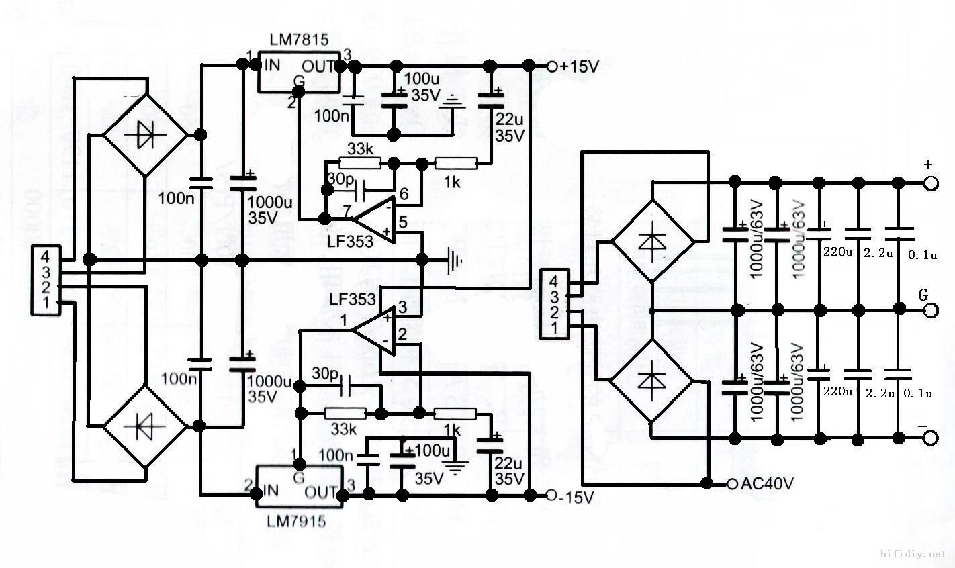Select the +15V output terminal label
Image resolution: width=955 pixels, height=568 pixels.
click(578, 67)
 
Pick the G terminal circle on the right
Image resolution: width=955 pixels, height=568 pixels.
click(931, 310)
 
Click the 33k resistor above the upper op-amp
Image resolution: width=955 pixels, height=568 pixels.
click(360, 163)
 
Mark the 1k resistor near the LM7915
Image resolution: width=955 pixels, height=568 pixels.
click(455, 414)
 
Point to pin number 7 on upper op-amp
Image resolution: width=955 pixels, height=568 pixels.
click(347, 212)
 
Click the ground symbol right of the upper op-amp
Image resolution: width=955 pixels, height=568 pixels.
click(455, 258)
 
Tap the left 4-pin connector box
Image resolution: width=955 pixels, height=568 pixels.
click(45, 281)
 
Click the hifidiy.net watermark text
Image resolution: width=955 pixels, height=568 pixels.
click(912, 554)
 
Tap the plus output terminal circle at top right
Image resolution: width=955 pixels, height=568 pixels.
click(931, 183)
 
